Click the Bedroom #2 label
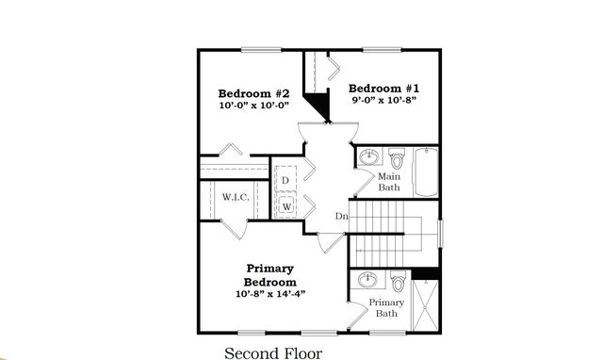253,93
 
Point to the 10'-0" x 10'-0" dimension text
253,106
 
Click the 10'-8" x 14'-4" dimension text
269,294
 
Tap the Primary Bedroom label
270,275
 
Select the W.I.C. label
234,197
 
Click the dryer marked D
285,180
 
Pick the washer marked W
285,205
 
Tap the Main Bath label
389,182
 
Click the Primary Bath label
385,308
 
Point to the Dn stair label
342,218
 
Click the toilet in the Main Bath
397,157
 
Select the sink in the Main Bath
367,157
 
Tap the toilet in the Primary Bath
399,282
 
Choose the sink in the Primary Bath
367,281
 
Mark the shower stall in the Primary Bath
427,307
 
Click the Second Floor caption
272,353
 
